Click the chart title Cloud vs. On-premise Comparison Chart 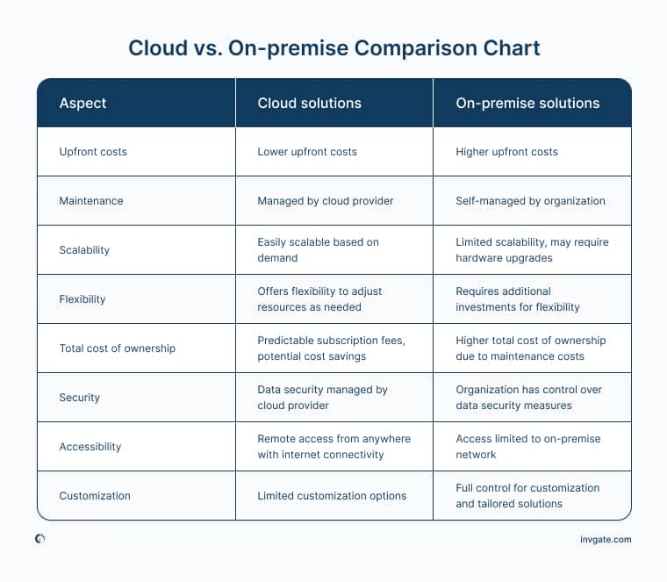tap(334, 47)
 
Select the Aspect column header tap(82, 103)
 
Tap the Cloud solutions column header tap(309, 103)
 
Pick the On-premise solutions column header tap(527, 103)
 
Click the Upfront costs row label tap(93, 152)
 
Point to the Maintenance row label tap(91, 201)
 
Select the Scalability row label tap(84, 250)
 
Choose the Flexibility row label tap(82, 299)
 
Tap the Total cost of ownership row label tap(118, 348)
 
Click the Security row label tap(80, 398)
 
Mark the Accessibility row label tap(90, 447)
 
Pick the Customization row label tap(95, 496)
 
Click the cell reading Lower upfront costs tap(307, 152)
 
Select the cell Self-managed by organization tap(530, 201)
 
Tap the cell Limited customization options tap(332, 496)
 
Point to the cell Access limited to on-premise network tap(528, 447)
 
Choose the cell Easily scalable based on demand tap(318, 250)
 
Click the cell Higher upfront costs tap(506, 152)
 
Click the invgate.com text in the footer tap(606, 540)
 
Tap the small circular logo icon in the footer tap(40, 539)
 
